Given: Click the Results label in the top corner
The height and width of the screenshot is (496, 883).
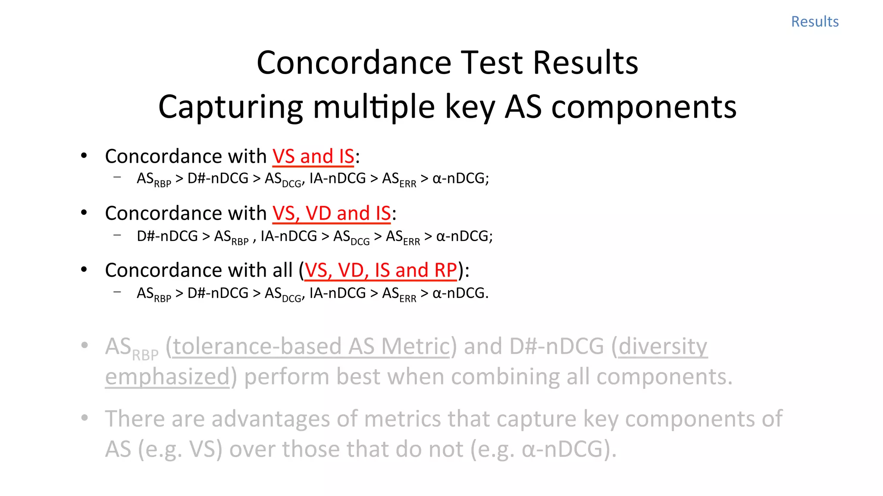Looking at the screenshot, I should tap(814, 22).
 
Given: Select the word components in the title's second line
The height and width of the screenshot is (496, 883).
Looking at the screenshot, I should tap(644, 107).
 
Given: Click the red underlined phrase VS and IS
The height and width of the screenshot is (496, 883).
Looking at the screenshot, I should tap(313, 156).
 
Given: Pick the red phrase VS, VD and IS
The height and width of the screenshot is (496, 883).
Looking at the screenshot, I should tap(332, 214).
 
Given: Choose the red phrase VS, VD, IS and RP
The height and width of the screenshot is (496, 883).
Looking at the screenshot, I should tap(381, 270).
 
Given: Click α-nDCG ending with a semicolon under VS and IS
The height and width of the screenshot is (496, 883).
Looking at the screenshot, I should tap(460, 178).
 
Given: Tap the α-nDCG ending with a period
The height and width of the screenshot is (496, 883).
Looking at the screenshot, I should tap(460, 293).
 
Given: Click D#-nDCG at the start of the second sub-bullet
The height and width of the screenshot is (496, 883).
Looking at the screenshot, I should tap(167, 236).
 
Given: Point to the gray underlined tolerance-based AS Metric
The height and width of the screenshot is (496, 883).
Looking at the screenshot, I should tap(311, 347).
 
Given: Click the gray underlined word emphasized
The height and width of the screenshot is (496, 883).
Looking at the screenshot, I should tap(167, 377).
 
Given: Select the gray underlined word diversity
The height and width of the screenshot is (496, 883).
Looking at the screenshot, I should tap(663, 347).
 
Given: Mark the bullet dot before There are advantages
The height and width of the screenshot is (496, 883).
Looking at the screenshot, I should tap(85, 418).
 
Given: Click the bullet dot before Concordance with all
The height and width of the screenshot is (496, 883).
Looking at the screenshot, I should tap(84, 270).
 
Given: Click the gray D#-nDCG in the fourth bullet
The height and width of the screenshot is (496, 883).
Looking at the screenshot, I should tap(556, 347).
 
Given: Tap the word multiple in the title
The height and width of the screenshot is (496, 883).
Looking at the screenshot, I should tap(374, 107).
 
